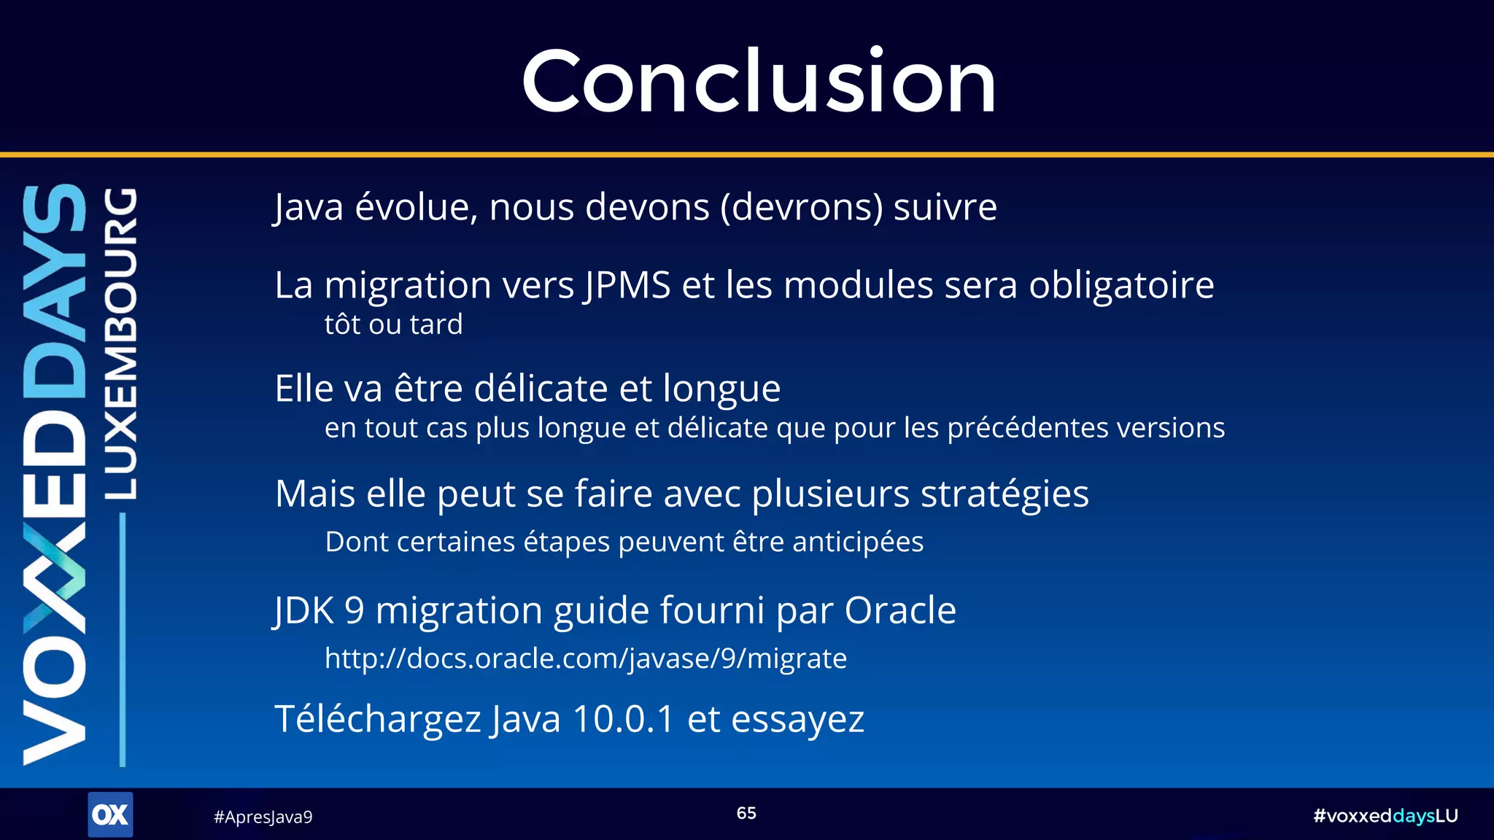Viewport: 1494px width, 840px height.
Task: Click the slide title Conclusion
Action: (x=759, y=81)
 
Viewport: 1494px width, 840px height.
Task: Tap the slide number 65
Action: (x=746, y=813)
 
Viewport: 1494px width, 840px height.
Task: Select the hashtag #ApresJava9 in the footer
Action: (x=263, y=817)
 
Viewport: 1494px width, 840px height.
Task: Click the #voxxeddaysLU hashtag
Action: (x=1385, y=816)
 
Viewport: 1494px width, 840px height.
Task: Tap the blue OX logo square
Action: (x=110, y=814)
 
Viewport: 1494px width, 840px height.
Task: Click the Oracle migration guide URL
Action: (x=585, y=658)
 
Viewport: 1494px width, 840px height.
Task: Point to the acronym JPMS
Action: (x=627, y=285)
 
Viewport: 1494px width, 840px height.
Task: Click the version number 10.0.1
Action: (x=624, y=719)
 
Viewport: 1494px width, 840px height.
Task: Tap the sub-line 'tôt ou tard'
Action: (x=393, y=324)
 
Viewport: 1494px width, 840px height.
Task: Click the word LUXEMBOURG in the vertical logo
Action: (x=120, y=343)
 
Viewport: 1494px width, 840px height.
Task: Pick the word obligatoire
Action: (x=1121, y=285)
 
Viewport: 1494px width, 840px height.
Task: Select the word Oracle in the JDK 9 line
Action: (x=900, y=610)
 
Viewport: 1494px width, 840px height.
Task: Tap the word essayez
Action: (x=797, y=720)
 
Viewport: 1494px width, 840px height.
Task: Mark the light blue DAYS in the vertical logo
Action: (x=55, y=292)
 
